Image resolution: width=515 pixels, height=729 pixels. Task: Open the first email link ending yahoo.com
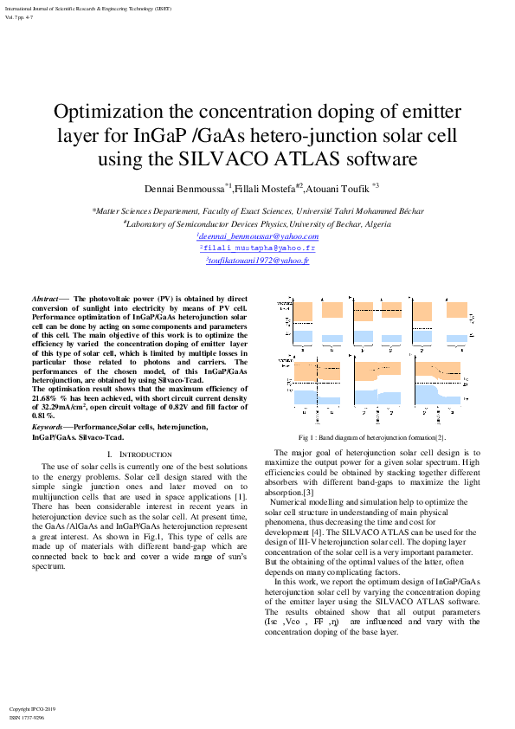click(x=257, y=236)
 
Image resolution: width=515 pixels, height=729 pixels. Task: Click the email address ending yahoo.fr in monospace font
click(x=257, y=248)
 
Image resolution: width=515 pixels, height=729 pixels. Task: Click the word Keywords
click(x=48, y=428)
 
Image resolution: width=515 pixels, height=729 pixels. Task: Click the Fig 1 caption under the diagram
click(x=371, y=438)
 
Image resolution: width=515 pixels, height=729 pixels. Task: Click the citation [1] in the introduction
click(x=239, y=497)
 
